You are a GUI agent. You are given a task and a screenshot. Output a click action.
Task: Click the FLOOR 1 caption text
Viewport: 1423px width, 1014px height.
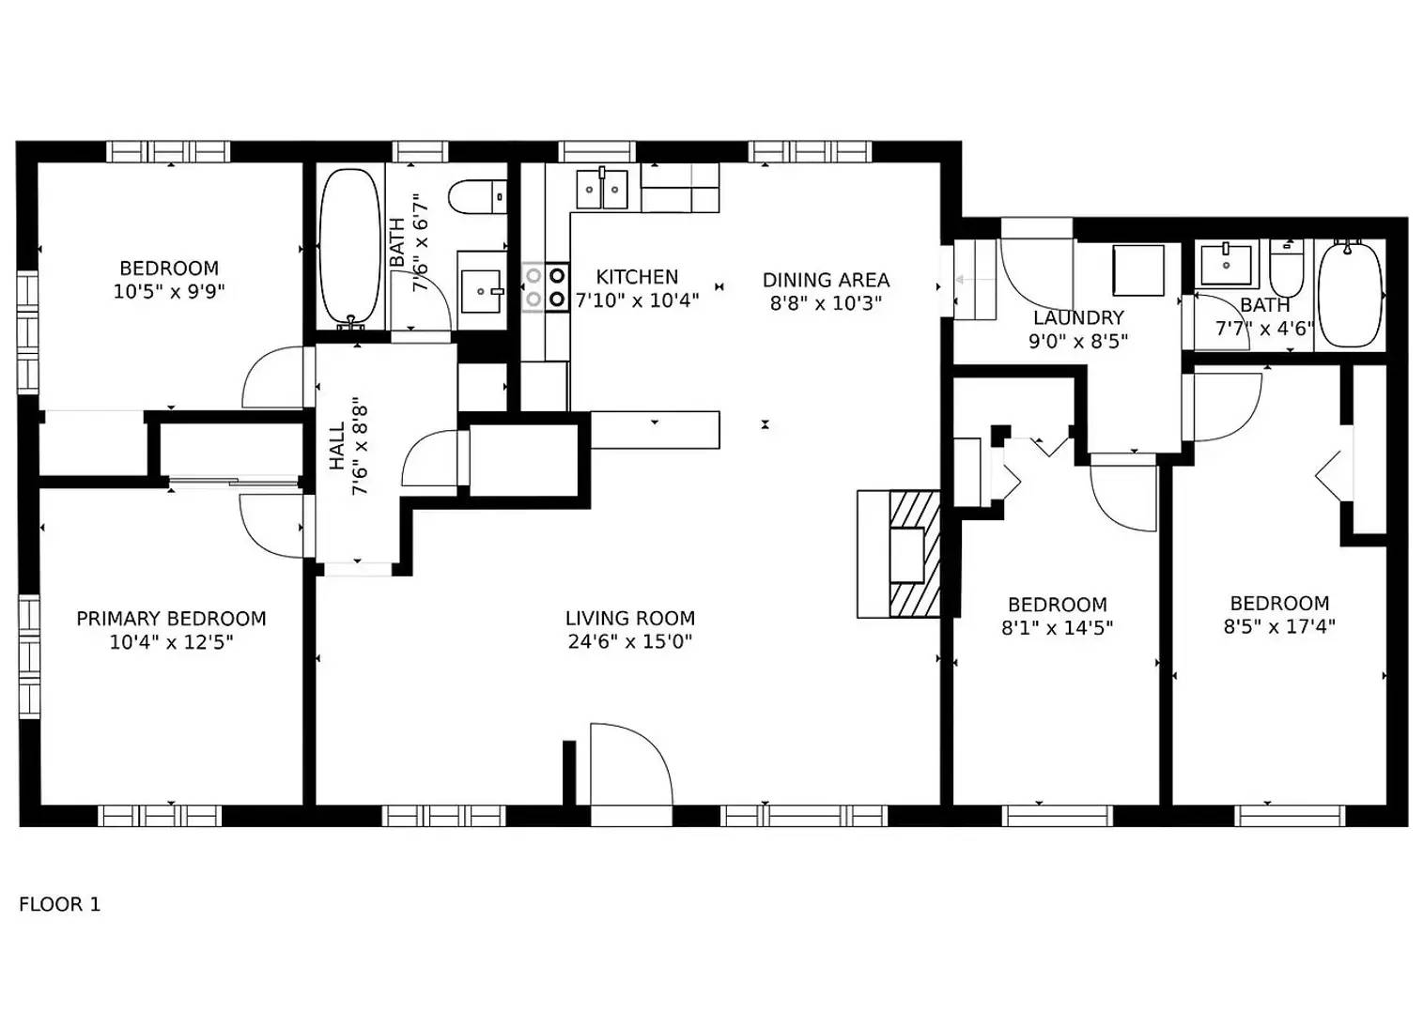pyautogui.click(x=59, y=904)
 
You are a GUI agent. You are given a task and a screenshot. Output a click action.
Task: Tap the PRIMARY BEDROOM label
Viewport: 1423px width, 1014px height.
pyautogui.click(x=171, y=619)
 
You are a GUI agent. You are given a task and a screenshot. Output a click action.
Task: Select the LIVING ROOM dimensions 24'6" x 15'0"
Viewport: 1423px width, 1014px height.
pyautogui.click(x=629, y=642)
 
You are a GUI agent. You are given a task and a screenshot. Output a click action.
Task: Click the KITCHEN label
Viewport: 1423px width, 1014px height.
pyautogui.click(x=637, y=277)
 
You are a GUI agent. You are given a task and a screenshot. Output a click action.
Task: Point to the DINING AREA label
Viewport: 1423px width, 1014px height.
pyautogui.click(x=826, y=280)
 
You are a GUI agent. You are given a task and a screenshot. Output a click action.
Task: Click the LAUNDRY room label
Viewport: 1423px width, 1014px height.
pyautogui.click(x=1078, y=318)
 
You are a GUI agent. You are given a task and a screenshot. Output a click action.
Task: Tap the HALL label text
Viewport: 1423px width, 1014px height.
pyautogui.click(x=337, y=448)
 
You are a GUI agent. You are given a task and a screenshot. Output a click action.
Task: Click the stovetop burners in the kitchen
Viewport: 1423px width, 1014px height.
pyautogui.click(x=546, y=287)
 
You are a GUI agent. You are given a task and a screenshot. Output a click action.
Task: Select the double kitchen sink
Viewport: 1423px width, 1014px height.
pyautogui.click(x=601, y=190)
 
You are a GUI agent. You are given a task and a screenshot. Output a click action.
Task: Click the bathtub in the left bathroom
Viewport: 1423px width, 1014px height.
pyautogui.click(x=349, y=246)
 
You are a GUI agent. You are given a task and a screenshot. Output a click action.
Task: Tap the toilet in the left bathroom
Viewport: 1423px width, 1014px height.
pyautogui.click(x=477, y=197)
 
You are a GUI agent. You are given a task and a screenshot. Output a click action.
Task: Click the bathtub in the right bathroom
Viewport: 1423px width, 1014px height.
pyautogui.click(x=1350, y=293)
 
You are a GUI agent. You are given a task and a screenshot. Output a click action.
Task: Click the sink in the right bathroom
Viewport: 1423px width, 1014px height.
pyautogui.click(x=1226, y=264)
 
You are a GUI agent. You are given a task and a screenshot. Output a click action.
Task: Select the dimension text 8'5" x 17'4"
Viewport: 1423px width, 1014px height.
pyautogui.click(x=1278, y=627)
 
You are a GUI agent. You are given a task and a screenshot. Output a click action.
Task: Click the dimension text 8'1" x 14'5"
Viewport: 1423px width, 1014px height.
pyautogui.click(x=1057, y=628)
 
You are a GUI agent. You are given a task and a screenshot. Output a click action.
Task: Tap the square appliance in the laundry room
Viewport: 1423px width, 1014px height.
pyautogui.click(x=1137, y=270)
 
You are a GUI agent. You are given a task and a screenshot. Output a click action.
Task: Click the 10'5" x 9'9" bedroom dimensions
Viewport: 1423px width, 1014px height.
pyautogui.click(x=169, y=292)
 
